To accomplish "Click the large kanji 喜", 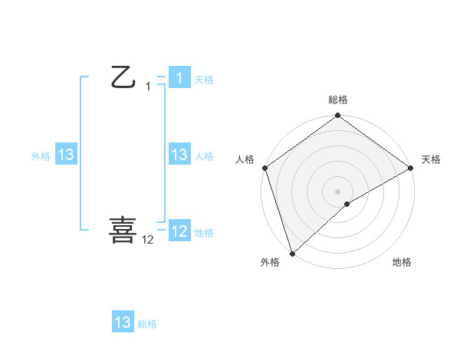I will point(123,230).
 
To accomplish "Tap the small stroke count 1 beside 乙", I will point(148,87).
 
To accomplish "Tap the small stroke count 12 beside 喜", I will point(148,240).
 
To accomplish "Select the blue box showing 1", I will point(179,77).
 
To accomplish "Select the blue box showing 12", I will point(179,231).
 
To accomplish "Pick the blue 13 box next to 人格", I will point(179,155).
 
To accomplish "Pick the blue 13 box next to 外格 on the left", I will point(66,155).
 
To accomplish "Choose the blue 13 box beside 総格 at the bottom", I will point(123,322).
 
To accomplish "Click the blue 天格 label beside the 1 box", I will point(204,80).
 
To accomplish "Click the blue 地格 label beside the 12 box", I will point(204,233).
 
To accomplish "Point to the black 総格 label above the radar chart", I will point(337,100).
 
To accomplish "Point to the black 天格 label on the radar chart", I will point(432,159).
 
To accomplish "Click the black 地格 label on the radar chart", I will point(402,263).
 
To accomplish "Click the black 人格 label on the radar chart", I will point(245,159).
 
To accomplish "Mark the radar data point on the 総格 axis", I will point(337,116).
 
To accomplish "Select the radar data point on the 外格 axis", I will point(292,253).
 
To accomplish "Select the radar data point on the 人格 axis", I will point(264,168).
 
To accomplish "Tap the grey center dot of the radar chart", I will point(337,191).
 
